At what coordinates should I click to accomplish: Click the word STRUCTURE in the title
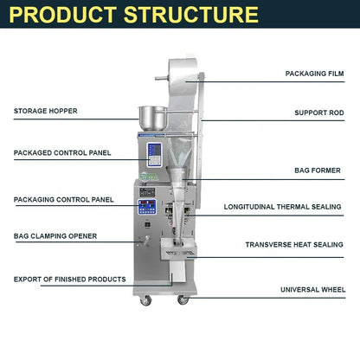coord(191,15)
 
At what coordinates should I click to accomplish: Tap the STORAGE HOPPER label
coord(44,111)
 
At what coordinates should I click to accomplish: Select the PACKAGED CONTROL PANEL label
coord(63,153)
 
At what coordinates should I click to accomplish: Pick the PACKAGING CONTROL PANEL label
coord(63,199)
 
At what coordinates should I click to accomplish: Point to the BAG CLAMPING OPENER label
coord(55,235)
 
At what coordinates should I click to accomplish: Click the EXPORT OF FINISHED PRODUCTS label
coord(69,280)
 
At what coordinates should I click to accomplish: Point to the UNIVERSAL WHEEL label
coord(312,290)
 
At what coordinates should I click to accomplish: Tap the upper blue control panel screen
coord(154,153)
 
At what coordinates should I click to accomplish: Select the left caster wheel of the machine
coord(145,299)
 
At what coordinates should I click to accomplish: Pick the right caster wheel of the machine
coord(183,299)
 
